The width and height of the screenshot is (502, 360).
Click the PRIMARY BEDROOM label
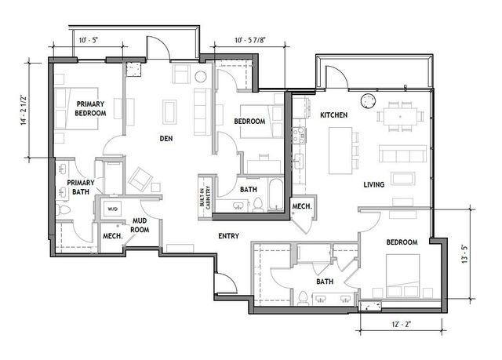[91, 108]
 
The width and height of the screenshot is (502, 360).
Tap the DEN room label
[166, 139]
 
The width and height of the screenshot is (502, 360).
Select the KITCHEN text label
[333, 115]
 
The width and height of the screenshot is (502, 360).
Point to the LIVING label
[373, 185]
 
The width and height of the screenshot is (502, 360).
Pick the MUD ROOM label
[140, 225]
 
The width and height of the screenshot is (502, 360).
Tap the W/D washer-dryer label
[112, 209]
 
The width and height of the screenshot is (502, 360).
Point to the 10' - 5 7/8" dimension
[254, 40]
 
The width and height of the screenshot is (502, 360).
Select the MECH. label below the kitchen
[302, 206]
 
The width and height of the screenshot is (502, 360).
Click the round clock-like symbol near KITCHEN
[367, 100]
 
